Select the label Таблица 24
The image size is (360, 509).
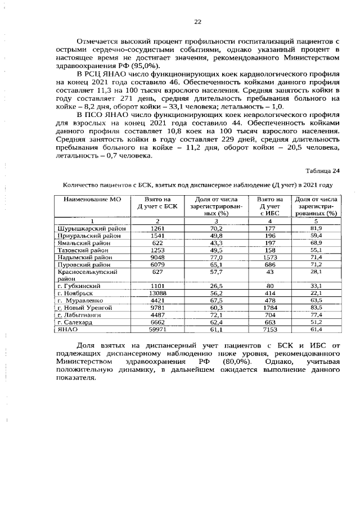[323, 171]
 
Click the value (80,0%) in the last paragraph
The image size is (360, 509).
[236, 361]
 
